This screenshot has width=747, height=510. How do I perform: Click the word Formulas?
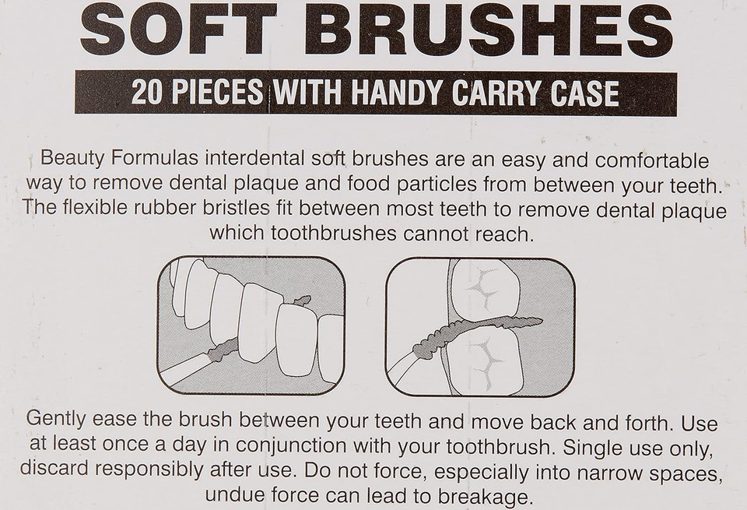pyautogui.click(x=154, y=158)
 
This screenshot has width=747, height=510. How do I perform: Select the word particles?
pyautogui.click(x=437, y=185)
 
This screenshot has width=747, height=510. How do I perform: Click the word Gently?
pyautogui.click(x=56, y=420)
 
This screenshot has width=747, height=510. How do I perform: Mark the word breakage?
pyautogui.click(x=483, y=497)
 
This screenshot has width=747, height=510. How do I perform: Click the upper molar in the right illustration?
pyautogui.click(x=485, y=289)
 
